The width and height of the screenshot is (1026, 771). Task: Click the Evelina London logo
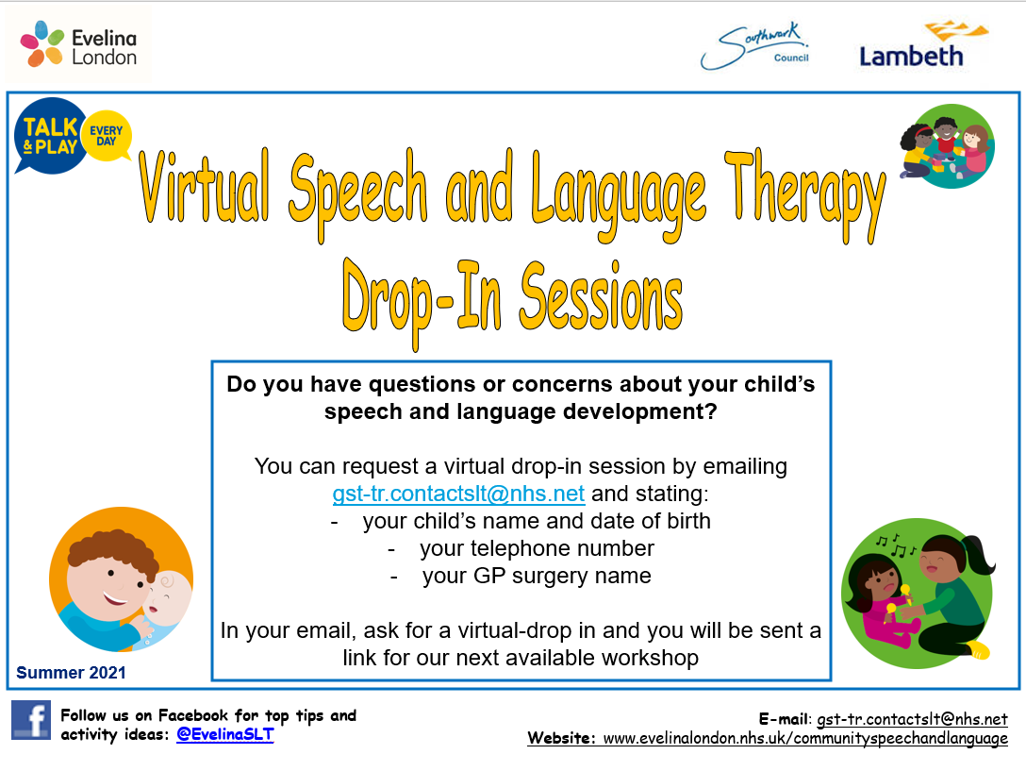[x=78, y=45]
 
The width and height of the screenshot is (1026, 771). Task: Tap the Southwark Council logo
[x=755, y=46]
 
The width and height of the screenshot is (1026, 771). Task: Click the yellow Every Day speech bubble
[x=107, y=136]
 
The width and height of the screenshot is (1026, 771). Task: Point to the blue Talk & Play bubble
[x=50, y=136]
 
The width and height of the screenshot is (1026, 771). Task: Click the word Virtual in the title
[x=204, y=187]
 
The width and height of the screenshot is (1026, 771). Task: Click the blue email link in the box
[x=458, y=494]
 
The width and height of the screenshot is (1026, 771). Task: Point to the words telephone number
[x=537, y=548]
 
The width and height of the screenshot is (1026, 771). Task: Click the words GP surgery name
[x=537, y=576]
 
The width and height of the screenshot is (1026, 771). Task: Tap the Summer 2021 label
[x=71, y=673]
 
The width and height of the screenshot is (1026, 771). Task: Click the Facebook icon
[x=31, y=720]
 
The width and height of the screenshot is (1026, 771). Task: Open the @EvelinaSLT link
[x=225, y=734]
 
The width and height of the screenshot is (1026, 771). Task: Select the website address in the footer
[x=804, y=738]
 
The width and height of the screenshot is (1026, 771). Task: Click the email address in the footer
[x=912, y=719]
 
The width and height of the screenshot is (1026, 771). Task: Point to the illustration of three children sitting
[x=948, y=146]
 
